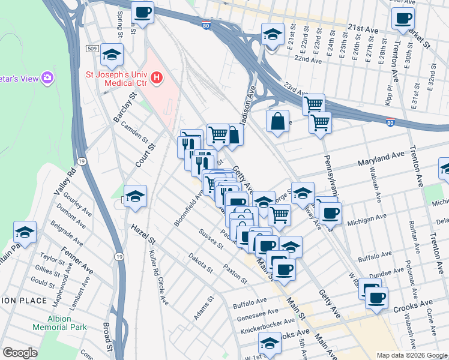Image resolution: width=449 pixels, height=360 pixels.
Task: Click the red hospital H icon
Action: pos(157,77)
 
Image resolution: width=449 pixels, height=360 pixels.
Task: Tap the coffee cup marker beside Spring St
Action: pos(142,12)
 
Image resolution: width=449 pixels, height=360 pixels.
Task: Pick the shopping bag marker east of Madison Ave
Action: pos(277,121)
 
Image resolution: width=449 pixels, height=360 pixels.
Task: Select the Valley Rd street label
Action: pos(64,181)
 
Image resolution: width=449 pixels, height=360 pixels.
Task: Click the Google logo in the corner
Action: pos(20,353)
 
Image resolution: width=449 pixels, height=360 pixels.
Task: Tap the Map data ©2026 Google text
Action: pos(411,355)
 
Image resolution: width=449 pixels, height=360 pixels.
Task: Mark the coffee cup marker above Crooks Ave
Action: pos(376,298)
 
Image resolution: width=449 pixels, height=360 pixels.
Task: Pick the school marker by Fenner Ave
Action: pos(25,232)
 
